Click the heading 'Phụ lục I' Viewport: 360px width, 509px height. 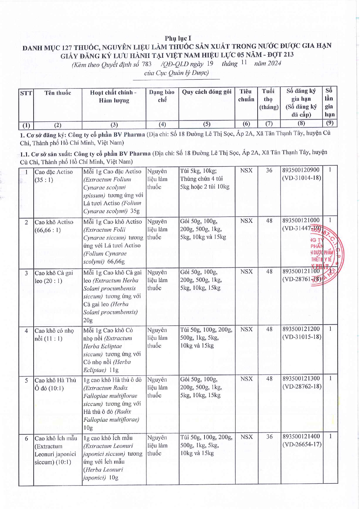[178, 38]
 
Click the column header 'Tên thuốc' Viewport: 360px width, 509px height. [57, 93]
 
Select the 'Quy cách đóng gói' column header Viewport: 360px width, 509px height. [207, 92]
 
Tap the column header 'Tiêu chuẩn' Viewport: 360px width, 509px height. [246, 95]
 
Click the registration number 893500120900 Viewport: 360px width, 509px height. [301, 170]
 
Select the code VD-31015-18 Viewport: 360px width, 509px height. [302, 337]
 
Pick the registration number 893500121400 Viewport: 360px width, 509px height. [301, 436]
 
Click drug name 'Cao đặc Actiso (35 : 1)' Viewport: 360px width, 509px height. [54, 176]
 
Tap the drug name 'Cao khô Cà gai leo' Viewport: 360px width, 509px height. [54, 277]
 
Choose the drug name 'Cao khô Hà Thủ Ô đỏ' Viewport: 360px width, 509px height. [55, 384]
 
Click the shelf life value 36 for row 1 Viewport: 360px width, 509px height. [269, 171]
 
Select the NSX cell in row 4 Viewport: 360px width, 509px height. [246, 329]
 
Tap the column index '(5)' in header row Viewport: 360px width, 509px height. [207, 124]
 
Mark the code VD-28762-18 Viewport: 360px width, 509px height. [302, 387]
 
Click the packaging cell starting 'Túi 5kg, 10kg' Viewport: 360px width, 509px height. [205, 179]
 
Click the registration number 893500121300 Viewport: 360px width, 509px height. [301, 378]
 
